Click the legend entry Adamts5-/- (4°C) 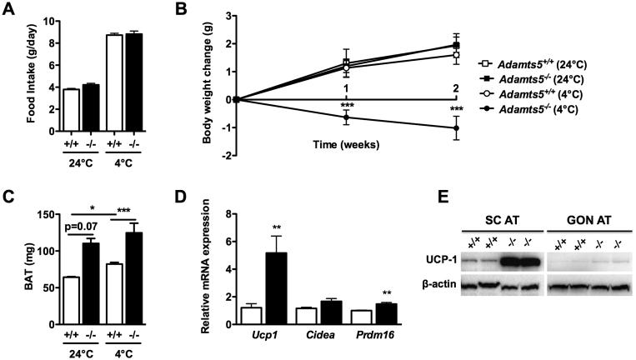pyautogui.click(x=551, y=108)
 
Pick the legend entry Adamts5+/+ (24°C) pyautogui.click(x=551, y=63)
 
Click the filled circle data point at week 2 pyautogui.click(x=456, y=127)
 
